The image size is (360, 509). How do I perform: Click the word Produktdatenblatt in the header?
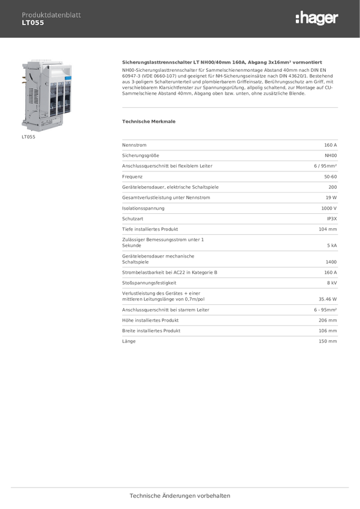coord(51,15)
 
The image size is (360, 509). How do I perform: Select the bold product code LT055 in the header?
coord(33,23)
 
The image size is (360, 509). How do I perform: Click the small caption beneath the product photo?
coord(29,137)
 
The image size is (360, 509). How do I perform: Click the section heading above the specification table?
coord(149,121)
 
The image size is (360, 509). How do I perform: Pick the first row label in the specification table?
coord(135,145)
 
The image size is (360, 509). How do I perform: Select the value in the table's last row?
coord(328,341)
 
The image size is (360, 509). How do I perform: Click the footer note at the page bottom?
coord(180,496)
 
